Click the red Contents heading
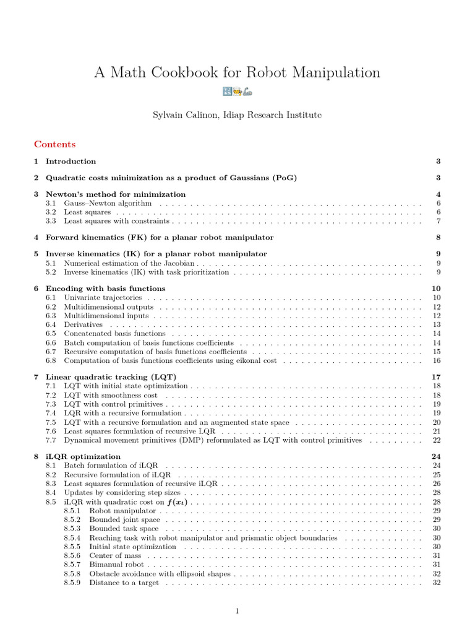pyautogui.click(x=55, y=144)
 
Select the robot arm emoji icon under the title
pyautogui.click(x=247, y=92)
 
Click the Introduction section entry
pyautogui.click(x=71, y=161)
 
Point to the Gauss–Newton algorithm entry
pyautogui.click(x=108, y=203)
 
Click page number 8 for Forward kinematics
pyautogui.click(x=438, y=237)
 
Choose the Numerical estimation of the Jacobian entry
pyautogui.click(x=130, y=263)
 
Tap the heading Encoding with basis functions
pyautogui.click(x=105, y=288)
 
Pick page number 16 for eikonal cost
pyautogui.click(x=437, y=360)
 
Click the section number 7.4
pyautogui.click(x=51, y=412)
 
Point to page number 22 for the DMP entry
pyautogui.click(x=437, y=440)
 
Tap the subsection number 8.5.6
pyautogui.click(x=72, y=555)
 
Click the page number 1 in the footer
pyautogui.click(x=237, y=611)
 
